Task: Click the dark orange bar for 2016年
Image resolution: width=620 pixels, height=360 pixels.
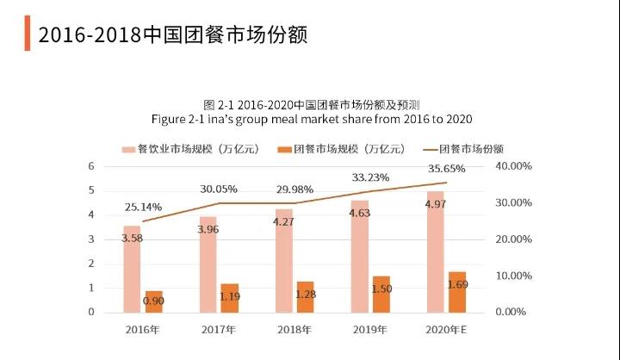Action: click(x=152, y=301)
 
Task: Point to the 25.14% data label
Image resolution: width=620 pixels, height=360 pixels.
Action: click(x=140, y=207)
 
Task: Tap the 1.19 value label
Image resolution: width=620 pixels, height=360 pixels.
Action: click(x=229, y=295)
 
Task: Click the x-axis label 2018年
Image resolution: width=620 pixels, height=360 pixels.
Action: click(x=293, y=329)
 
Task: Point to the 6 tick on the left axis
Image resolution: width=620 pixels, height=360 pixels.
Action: click(x=91, y=165)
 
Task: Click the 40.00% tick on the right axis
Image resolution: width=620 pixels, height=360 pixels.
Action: click(x=514, y=165)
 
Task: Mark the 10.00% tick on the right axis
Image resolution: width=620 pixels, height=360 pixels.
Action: click(x=514, y=276)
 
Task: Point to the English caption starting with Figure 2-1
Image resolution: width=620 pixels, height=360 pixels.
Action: click(x=311, y=118)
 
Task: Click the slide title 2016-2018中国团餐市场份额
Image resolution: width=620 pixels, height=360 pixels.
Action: click(x=172, y=34)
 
